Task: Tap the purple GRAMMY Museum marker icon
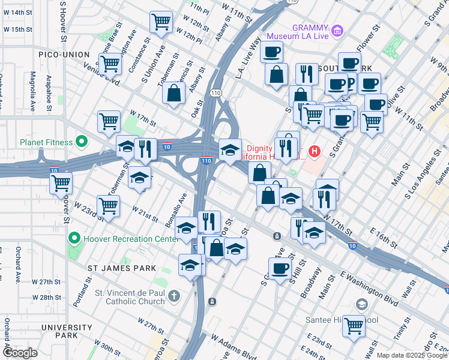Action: click(337, 30)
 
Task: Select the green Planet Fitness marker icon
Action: click(81, 142)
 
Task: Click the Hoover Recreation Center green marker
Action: click(74, 238)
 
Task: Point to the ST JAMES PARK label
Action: click(122, 268)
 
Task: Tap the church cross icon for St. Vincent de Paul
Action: click(174, 296)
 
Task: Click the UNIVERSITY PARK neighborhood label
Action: click(67, 328)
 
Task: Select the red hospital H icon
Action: click(313, 151)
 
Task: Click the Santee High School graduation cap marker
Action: click(361, 305)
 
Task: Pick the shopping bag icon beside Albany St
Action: click(174, 94)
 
